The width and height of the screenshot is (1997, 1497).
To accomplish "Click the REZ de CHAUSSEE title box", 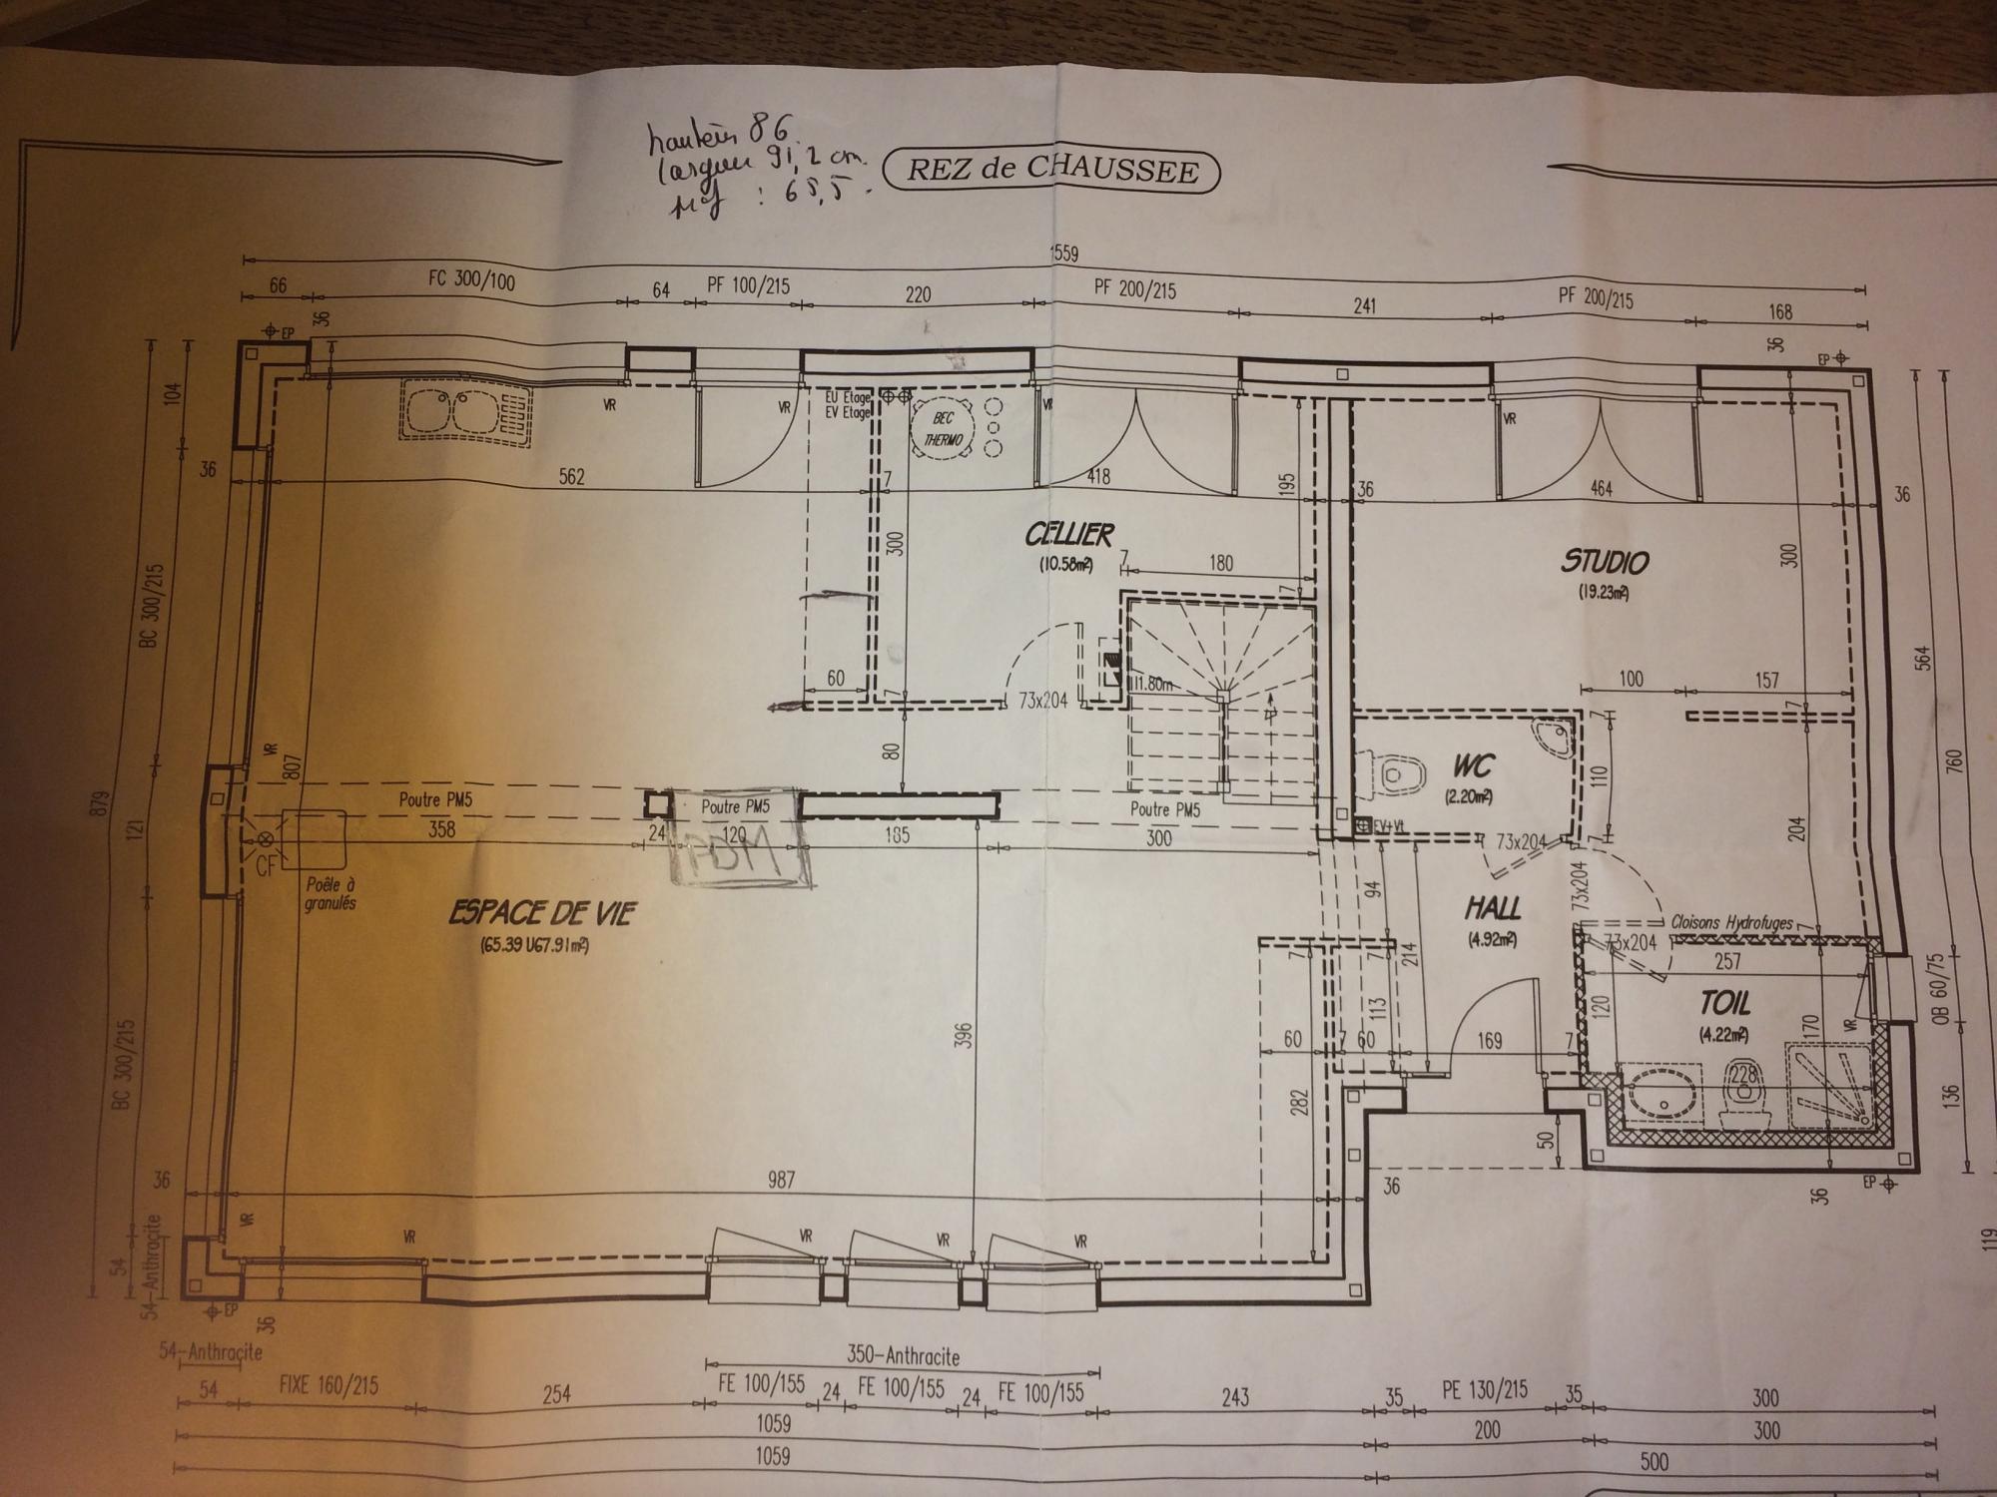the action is (1052, 170).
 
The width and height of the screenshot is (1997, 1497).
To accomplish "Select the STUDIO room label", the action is (1605, 562).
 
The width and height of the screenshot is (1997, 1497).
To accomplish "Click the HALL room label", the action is (1493, 908).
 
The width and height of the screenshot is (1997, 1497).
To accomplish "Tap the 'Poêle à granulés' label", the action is (332, 893).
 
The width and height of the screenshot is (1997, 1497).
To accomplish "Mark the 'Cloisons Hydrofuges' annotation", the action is (1731, 923).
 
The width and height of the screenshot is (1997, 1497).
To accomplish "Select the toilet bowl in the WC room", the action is (1403, 775).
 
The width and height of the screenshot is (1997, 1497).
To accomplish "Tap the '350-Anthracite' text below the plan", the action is (902, 1356).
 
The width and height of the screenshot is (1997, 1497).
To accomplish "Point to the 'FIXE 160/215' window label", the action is (328, 1386).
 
